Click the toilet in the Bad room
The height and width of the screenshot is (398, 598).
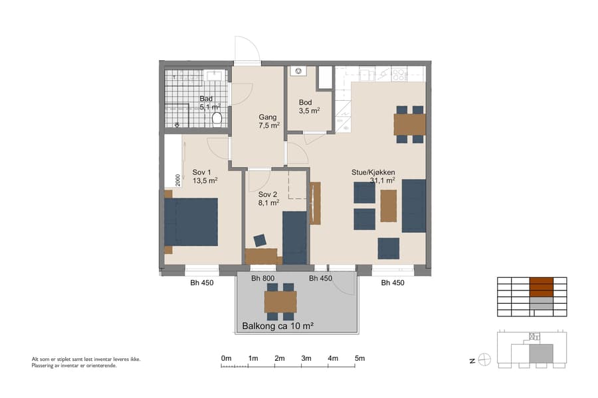click(217, 119)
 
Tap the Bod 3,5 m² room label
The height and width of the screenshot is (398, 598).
click(306, 107)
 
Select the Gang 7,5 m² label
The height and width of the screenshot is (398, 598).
click(268, 121)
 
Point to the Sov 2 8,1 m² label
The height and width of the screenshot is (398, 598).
click(268, 198)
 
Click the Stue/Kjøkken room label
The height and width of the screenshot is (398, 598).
click(373, 175)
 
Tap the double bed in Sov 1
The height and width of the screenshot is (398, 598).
click(192, 222)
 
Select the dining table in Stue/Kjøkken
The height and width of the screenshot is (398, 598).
click(409, 124)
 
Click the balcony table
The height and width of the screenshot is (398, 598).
click(280, 302)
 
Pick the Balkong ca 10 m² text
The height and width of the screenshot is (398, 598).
click(278, 326)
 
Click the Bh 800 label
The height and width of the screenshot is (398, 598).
click(264, 279)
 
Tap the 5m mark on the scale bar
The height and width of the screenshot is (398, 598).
click(360, 359)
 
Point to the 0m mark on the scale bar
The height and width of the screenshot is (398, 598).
click(226, 359)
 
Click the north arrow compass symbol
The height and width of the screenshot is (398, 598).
click(484, 360)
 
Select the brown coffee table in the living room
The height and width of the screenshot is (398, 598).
click(388, 206)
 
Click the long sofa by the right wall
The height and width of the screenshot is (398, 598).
click(413, 206)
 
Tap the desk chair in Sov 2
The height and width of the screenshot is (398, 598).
click(259, 240)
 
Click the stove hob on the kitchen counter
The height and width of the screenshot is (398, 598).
click(399, 74)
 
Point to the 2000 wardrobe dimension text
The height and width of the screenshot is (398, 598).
click(178, 180)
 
